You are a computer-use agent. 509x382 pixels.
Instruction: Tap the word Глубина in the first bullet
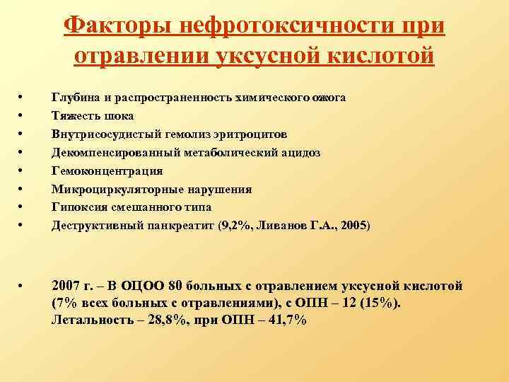click(x=74, y=97)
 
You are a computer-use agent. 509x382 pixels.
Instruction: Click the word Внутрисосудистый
click(x=102, y=134)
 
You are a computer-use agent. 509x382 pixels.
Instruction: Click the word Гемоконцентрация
click(x=107, y=170)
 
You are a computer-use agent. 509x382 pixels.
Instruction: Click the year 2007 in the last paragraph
click(x=66, y=286)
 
